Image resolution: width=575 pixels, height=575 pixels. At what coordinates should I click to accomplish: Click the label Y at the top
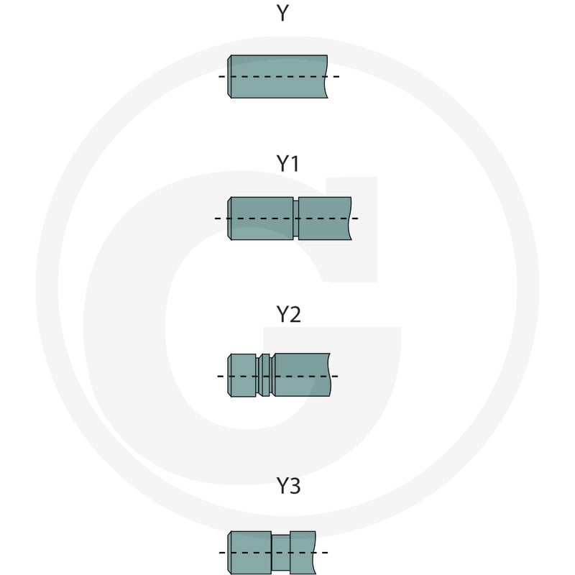[282, 13]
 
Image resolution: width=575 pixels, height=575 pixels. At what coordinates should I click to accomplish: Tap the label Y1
[288, 164]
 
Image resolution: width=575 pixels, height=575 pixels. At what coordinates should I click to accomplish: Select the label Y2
[289, 314]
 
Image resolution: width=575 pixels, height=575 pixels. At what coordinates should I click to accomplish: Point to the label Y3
[289, 486]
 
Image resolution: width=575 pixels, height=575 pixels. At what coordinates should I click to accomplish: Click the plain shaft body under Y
[277, 77]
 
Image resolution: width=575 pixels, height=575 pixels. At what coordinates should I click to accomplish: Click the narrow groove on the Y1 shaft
[295, 218]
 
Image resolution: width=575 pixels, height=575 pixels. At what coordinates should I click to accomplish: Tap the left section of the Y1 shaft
[260, 218]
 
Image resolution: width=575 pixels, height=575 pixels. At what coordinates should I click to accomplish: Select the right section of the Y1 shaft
[325, 218]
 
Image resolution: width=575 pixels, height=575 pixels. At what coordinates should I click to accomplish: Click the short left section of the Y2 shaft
[241, 375]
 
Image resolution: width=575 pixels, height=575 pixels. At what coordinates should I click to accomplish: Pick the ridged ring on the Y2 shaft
[264, 375]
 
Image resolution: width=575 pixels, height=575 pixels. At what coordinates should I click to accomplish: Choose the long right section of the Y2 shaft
[301, 374]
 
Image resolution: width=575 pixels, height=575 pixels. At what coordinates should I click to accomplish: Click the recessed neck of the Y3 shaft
[281, 553]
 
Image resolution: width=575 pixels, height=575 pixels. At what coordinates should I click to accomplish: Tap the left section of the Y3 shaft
[249, 553]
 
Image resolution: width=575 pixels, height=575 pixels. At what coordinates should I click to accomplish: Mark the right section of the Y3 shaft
[303, 553]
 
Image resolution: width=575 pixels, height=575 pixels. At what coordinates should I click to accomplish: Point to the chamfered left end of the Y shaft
[229, 77]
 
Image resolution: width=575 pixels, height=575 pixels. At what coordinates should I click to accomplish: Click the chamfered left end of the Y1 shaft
[229, 218]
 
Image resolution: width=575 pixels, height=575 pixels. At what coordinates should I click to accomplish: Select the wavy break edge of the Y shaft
[326, 77]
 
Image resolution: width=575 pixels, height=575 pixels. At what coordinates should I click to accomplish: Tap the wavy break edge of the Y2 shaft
[329, 374]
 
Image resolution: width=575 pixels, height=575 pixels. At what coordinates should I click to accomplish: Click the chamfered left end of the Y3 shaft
[229, 553]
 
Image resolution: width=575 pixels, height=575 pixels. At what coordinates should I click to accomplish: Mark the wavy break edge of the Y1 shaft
[350, 218]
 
